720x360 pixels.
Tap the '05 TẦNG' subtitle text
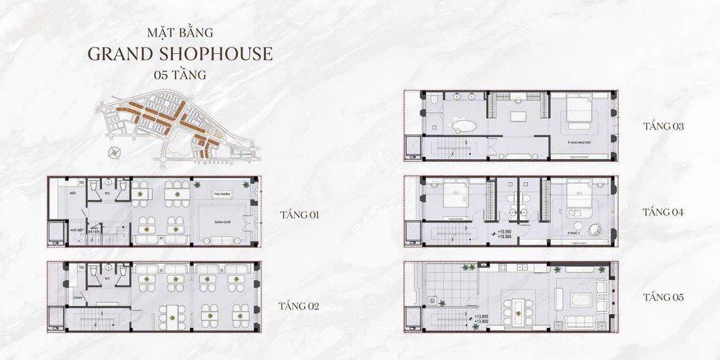tap(179, 75)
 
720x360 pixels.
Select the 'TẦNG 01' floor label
tap(300, 215)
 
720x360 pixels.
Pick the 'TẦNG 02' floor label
tap(299, 305)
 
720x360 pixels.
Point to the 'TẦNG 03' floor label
tap(663, 127)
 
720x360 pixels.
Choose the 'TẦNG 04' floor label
tap(662, 212)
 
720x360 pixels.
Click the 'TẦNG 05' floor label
tap(663, 297)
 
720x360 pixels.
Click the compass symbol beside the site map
tap(113, 152)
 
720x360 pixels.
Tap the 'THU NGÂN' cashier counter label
tap(220, 195)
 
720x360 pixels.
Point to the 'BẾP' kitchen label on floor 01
tap(62, 194)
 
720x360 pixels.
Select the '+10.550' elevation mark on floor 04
tap(504, 231)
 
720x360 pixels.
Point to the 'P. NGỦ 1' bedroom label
tap(574, 233)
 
